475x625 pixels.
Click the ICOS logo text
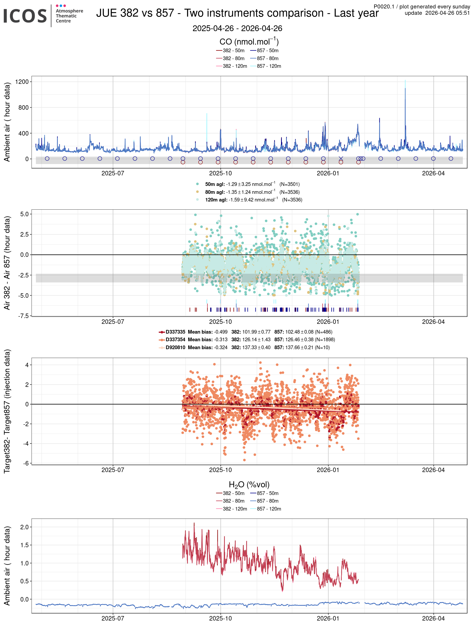pyautogui.click(x=25, y=16)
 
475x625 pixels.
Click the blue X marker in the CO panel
pyautogui.click(x=341, y=158)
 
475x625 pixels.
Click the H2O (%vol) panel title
pyautogui.click(x=249, y=485)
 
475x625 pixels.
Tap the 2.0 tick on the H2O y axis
pyautogui.click(x=24, y=527)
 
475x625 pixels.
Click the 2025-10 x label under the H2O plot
pyautogui.click(x=220, y=618)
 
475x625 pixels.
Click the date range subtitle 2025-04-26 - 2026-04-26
pyautogui.click(x=237, y=28)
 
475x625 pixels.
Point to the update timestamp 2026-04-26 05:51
pyautogui.click(x=437, y=13)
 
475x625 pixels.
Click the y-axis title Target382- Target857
pyautogui.click(x=7, y=411)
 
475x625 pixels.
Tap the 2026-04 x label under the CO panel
pyautogui.click(x=433, y=174)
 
